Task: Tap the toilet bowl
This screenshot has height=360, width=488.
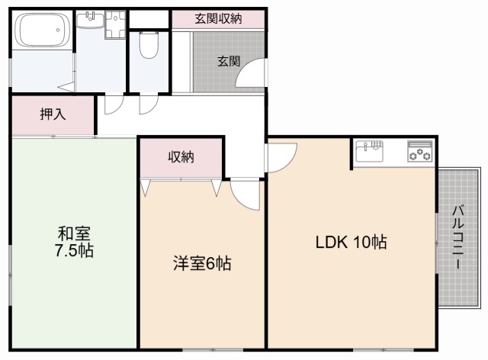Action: click(149, 47)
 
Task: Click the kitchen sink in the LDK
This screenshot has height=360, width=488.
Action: click(371, 151)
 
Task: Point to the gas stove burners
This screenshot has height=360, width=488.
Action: click(419, 152)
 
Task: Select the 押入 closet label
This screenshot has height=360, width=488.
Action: click(53, 115)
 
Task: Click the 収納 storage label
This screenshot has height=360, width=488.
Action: click(181, 157)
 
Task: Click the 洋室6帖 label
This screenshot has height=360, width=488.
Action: click(201, 264)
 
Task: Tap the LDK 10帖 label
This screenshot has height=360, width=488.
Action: click(352, 243)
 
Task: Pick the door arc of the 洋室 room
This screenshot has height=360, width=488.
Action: click(246, 194)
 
